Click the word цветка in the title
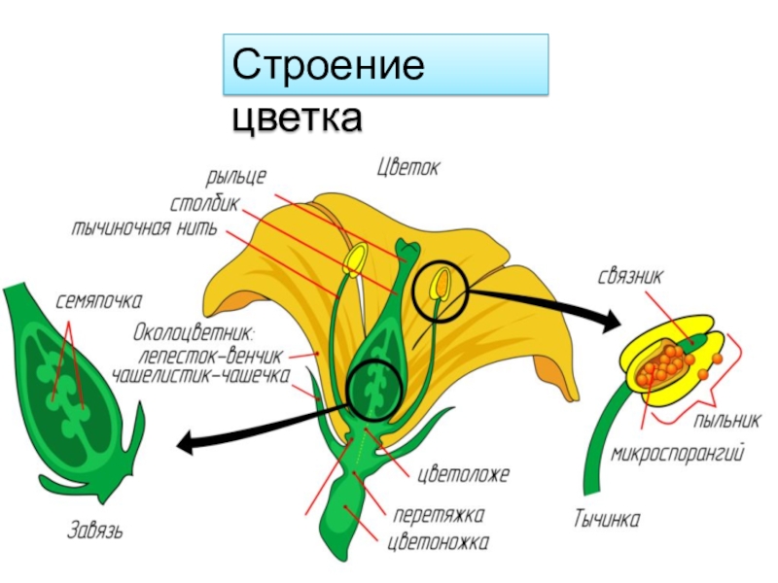pos(297,118)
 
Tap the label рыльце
pos(235,179)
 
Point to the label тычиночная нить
pos(145,229)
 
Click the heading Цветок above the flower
pos(408,167)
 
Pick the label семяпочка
pos(100,301)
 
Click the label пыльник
pos(726,421)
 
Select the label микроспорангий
pos(678,454)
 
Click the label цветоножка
pos(438,541)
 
